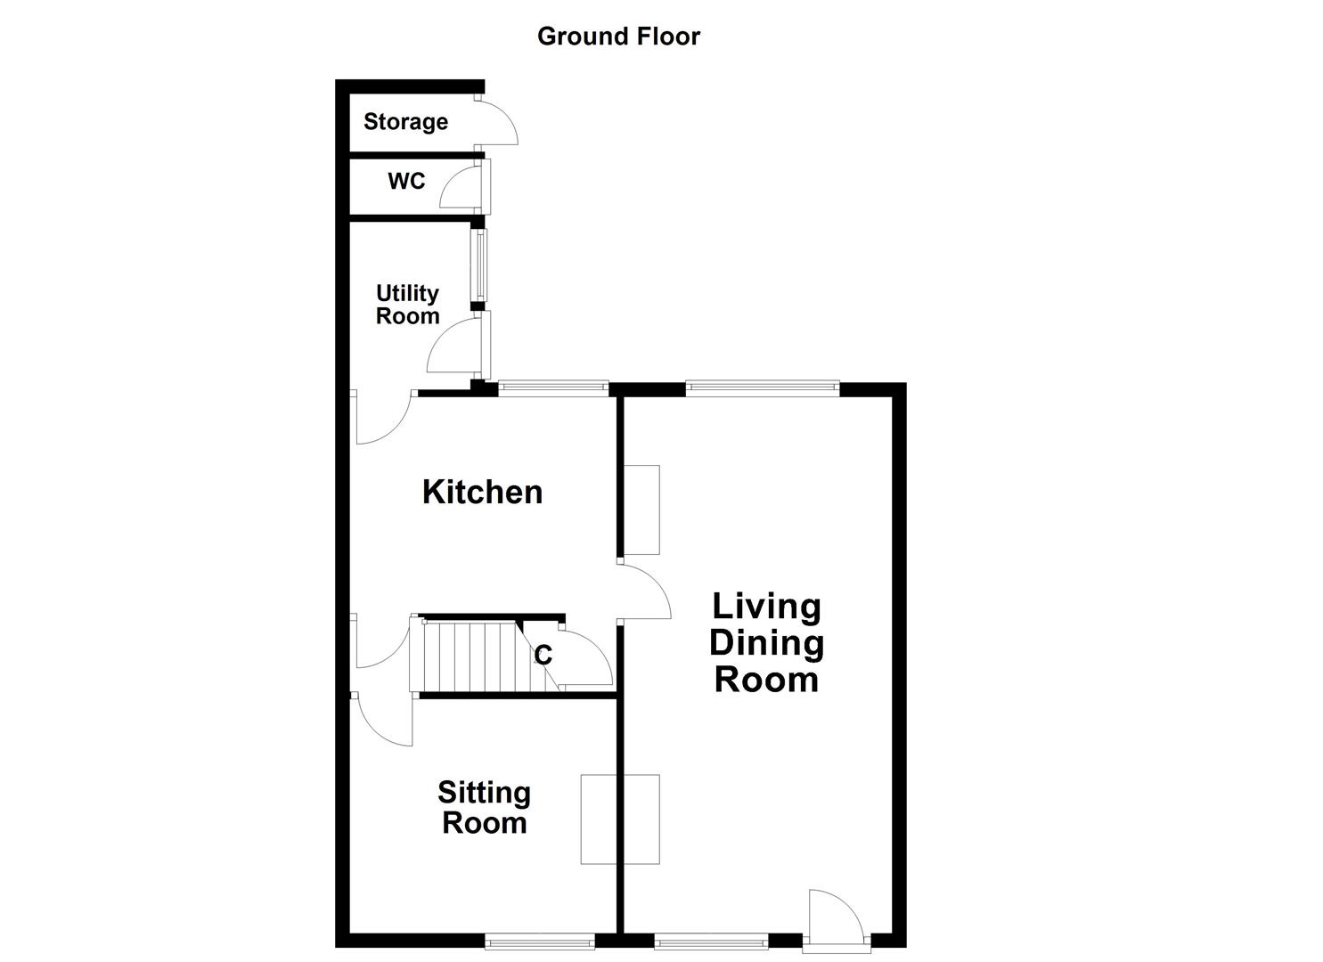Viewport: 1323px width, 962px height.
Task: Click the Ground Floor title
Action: coord(618,37)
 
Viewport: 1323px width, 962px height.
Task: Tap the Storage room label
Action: coord(405,122)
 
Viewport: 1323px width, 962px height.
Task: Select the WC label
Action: coord(406,181)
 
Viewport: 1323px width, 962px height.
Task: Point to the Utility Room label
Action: coord(407,304)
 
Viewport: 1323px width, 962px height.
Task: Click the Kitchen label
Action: coord(483,492)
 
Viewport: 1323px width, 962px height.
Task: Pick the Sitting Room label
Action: coord(485,807)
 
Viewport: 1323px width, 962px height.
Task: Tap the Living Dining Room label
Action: coord(767,642)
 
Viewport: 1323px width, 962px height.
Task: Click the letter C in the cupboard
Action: coord(543,655)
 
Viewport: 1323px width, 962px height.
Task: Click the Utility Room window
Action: coord(481,265)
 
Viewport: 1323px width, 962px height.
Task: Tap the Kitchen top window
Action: coord(553,388)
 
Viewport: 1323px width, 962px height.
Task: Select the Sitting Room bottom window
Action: coord(540,942)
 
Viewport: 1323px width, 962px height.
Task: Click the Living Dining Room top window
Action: coord(763,388)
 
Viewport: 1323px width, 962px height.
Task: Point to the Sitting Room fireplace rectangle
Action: coord(620,819)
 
